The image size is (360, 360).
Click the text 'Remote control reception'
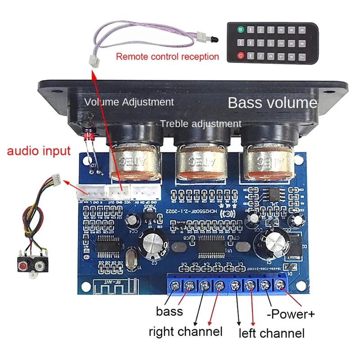coord(167,57)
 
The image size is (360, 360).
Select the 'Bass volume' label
coord(272,103)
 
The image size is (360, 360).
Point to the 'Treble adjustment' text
coord(201,124)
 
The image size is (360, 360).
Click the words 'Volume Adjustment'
coord(129,102)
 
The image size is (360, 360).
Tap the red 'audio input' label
coord(39,150)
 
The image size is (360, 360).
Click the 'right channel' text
coord(185,332)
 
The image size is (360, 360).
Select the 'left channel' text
coord(271,333)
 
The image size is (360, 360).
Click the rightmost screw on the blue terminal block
coord(281,284)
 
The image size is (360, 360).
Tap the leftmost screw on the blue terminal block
coord(175,285)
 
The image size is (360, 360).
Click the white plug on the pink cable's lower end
coord(93,62)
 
